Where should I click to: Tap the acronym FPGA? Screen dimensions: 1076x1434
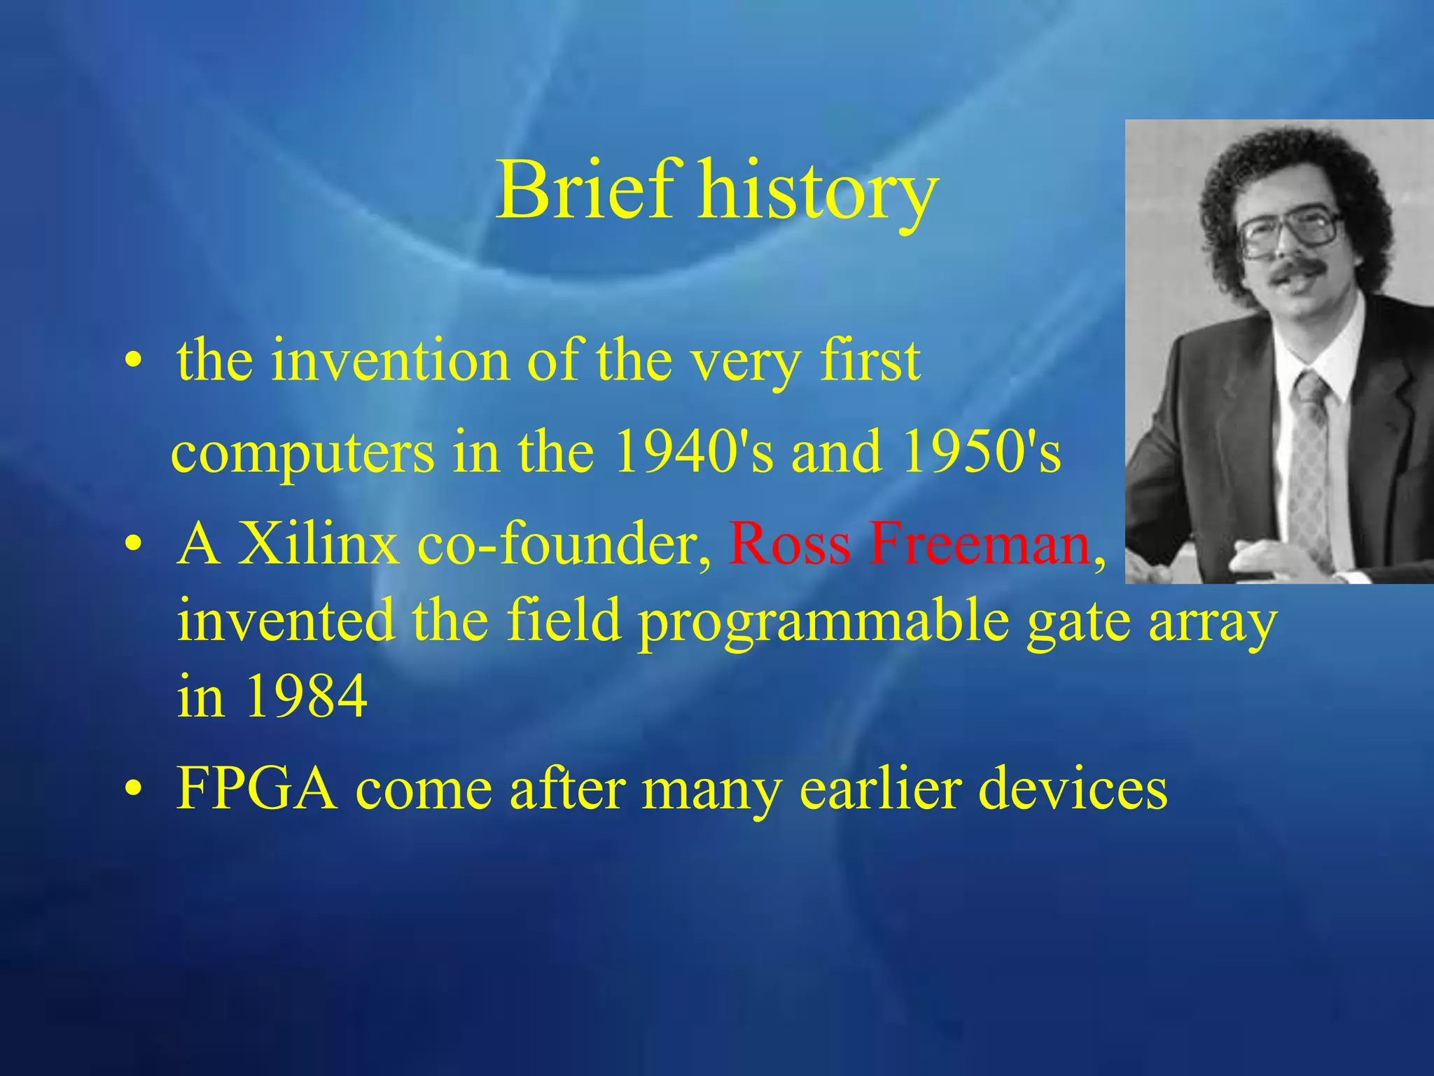256,788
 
